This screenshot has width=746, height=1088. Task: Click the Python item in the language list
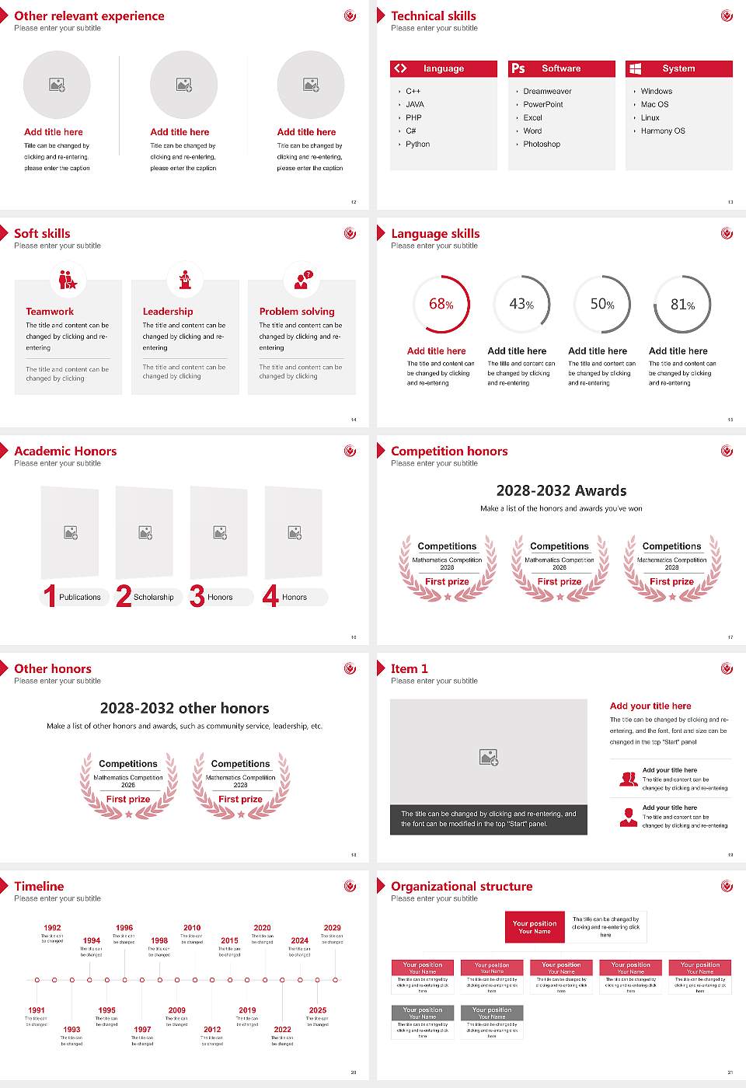[x=417, y=145]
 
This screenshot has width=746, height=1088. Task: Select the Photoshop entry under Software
[x=541, y=145]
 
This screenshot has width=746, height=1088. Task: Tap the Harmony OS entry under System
[x=662, y=131]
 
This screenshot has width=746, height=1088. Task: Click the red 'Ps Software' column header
[x=562, y=68]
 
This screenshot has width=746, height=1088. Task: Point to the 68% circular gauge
[x=441, y=304]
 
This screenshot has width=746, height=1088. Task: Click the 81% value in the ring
[x=682, y=305]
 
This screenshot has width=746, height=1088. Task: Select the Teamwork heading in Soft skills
[x=50, y=312]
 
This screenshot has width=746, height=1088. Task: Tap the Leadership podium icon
[x=185, y=279]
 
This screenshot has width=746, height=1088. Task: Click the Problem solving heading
[x=297, y=312]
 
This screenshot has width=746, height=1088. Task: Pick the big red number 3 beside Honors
[x=197, y=596]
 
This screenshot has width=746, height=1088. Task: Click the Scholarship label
[x=153, y=598]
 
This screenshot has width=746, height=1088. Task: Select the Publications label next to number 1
[x=80, y=598]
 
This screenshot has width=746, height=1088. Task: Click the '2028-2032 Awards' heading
[x=561, y=490]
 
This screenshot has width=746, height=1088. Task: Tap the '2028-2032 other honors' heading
[x=184, y=708]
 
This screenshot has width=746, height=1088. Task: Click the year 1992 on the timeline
[x=52, y=928]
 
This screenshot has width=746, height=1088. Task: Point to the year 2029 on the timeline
[x=332, y=928]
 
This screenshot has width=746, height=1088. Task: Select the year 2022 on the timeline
[x=282, y=1030]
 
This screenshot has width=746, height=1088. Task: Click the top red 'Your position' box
[x=535, y=927]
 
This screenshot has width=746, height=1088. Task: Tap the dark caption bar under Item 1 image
[x=488, y=819]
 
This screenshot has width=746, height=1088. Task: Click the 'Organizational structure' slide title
[x=462, y=887]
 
